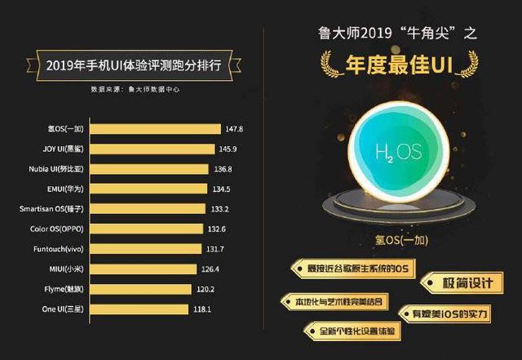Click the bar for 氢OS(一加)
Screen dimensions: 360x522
coord(155,129)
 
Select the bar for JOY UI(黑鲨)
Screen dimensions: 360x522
coord(153,149)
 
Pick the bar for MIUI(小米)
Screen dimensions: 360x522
coord(142,269)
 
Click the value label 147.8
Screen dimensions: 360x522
coord(235,129)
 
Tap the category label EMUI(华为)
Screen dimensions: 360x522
coord(62,189)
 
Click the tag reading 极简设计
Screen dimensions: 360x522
coord(462,282)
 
